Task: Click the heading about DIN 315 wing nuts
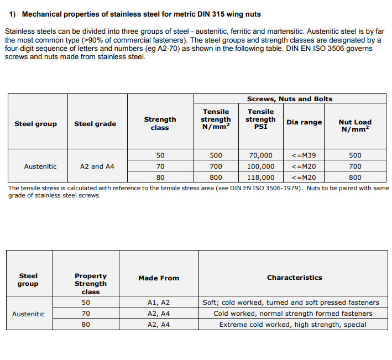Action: pyautogui.click(x=135, y=14)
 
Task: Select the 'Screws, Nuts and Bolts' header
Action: pyautogui.click(x=290, y=99)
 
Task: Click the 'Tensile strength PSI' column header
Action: pyautogui.click(x=260, y=119)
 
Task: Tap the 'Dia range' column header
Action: pyautogui.click(x=304, y=122)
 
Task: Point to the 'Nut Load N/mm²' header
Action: pyautogui.click(x=355, y=125)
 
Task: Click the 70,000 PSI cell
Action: pyautogui.click(x=260, y=155)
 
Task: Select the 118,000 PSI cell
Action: pyautogui.click(x=260, y=178)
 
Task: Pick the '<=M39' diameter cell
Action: pyautogui.click(x=304, y=155)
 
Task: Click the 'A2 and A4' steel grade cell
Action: pyautogui.click(x=97, y=166)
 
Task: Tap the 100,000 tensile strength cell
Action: pyautogui.click(x=260, y=166)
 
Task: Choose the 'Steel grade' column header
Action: pyautogui.click(x=95, y=124)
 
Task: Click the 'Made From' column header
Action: pyautogui.click(x=159, y=278)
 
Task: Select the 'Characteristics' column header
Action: pyautogui.click(x=294, y=278)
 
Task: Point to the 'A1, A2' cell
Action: pyautogui.click(x=159, y=302)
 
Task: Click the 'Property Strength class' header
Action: pyautogui.click(x=91, y=283)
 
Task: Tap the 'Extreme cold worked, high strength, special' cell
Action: pyautogui.click(x=292, y=325)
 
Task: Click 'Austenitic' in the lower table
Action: pyautogui.click(x=28, y=314)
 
